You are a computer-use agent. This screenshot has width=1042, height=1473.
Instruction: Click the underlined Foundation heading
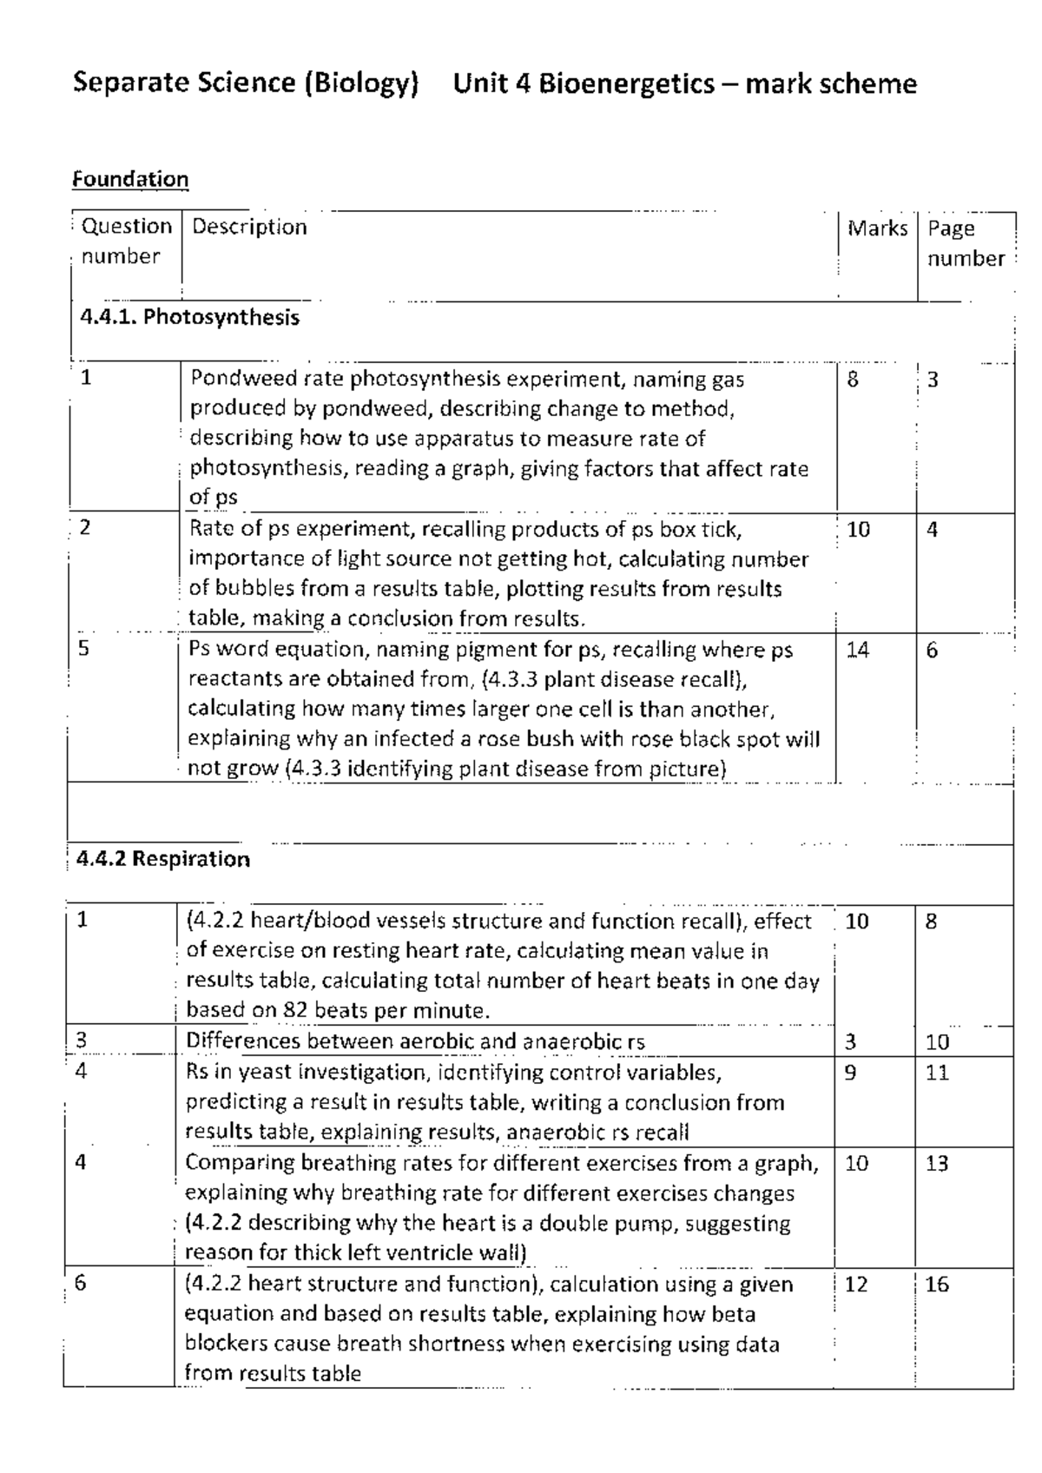pos(130,180)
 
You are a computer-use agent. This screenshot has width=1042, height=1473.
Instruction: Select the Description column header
pos(249,228)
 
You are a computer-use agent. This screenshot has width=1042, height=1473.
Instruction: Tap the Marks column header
pos(877,228)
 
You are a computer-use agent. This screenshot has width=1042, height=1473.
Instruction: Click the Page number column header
pos(965,243)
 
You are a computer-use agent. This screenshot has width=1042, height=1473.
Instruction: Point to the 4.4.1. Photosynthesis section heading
pos(189,317)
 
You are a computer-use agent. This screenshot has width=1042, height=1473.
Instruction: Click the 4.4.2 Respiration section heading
pos(163,860)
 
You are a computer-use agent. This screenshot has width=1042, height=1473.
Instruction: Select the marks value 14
pos(857,651)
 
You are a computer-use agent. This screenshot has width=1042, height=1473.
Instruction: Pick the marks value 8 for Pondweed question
pos(853,380)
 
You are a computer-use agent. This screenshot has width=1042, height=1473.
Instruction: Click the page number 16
pos(937,1285)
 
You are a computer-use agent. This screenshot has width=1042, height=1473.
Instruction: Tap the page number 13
pos(937,1164)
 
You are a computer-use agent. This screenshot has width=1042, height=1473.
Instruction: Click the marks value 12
pos(855,1285)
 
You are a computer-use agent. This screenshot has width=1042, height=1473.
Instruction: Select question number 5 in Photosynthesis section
pos(83,649)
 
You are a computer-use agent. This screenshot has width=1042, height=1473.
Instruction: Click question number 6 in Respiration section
pos(81,1284)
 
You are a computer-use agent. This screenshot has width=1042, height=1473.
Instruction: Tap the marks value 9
pos(850,1073)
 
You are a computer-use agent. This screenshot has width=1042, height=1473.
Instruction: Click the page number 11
pos(937,1073)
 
